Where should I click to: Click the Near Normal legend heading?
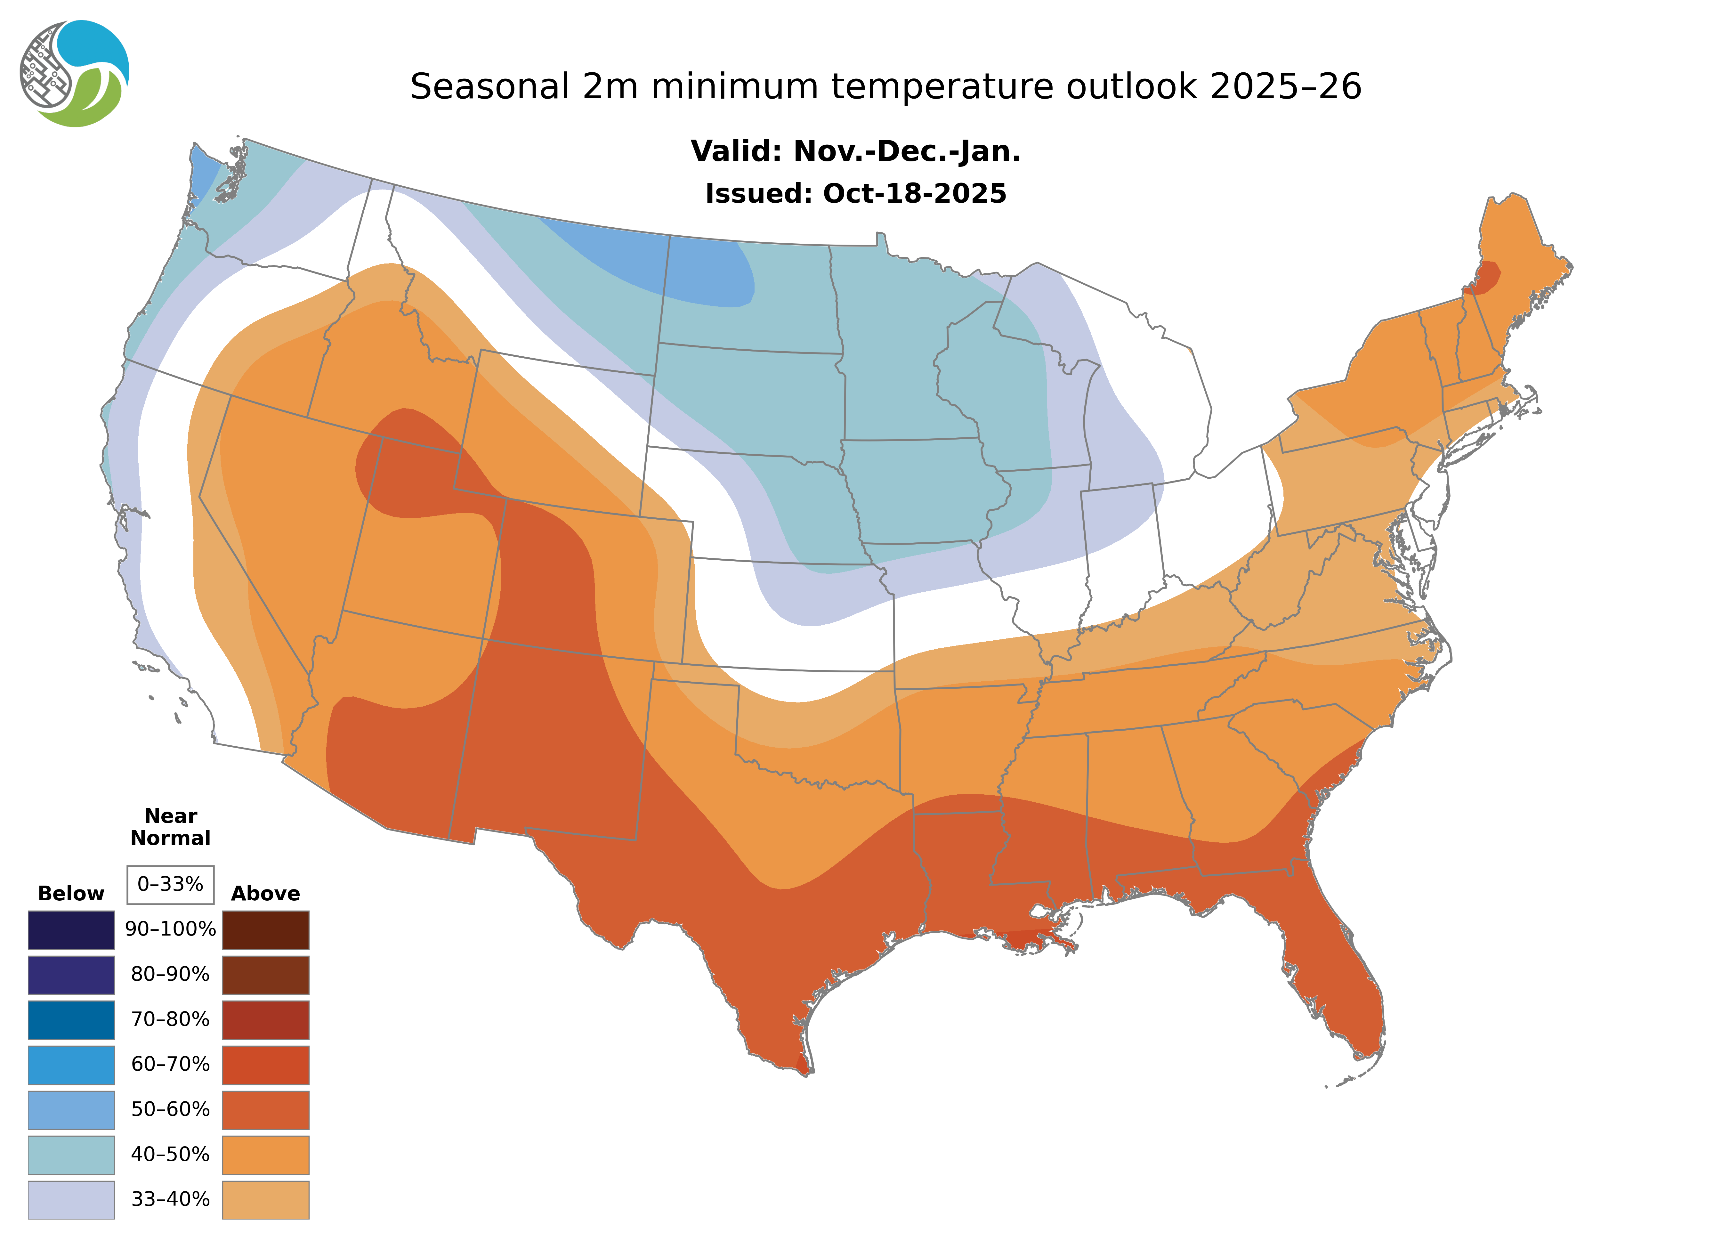(170, 827)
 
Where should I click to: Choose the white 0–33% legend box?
(170, 884)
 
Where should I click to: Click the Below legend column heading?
(71, 893)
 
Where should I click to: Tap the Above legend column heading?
(265, 893)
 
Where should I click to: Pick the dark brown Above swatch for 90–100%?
(265, 930)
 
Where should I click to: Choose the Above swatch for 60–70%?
(265, 1065)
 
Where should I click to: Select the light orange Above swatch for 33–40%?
(265, 1199)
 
